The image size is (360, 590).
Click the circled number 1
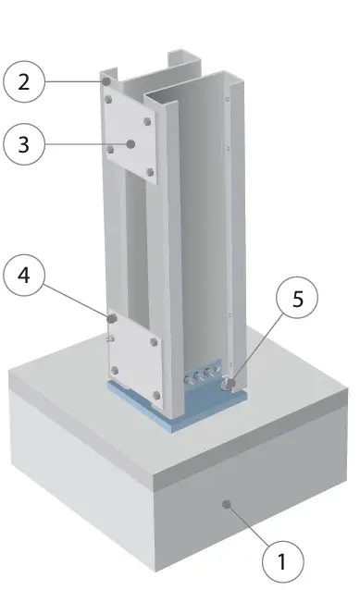coord(282,561)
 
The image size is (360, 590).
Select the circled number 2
coord(24,81)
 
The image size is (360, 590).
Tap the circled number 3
coord(24,144)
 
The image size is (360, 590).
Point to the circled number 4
coord(24,276)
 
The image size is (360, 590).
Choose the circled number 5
coord(297,298)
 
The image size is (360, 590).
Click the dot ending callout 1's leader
coord(227,505)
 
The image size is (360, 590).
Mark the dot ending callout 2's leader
coord(107,81)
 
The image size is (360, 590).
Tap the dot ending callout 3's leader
coord(131,144)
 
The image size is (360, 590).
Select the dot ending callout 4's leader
coord(112,319)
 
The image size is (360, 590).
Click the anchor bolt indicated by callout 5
coord(229,384)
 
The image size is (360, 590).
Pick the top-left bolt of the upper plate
coord(108,100)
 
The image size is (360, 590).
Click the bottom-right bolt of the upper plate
coord(150,172)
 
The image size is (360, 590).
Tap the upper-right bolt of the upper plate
coord(147,121)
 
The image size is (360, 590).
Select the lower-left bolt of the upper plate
coord(110,150)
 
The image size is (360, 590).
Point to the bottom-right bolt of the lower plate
coord(156,395)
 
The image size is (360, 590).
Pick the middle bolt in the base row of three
coord(197,377)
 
